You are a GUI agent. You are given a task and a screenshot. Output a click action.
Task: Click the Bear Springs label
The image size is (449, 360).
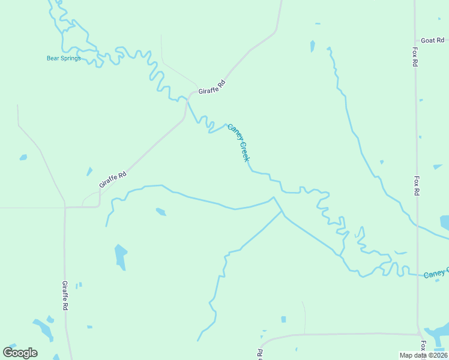[x=64, y=58]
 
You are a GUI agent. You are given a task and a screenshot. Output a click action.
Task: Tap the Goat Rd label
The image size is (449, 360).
[x=432, y=40]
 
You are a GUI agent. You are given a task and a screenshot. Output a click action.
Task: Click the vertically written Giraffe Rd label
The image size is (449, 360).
[x=65, y=295]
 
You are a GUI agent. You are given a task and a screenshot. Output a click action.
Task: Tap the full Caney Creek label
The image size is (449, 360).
[x=238, y=142]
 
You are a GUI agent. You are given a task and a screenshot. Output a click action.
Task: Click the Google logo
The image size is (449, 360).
[x=20, y=353]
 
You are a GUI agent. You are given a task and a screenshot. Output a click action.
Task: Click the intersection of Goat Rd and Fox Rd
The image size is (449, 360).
[x=415, y=40]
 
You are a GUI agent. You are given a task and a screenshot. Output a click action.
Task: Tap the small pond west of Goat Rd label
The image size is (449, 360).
[x=312, y=46]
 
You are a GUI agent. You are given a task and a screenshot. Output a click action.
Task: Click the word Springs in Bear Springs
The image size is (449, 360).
[x=70, y=58]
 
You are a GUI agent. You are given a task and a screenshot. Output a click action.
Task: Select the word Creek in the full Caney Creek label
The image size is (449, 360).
[x=244, y=151]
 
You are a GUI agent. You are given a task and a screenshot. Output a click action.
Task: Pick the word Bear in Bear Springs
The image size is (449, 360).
[x=52, y=58]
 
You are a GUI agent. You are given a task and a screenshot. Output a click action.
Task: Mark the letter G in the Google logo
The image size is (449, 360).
[x=8, y=352]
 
